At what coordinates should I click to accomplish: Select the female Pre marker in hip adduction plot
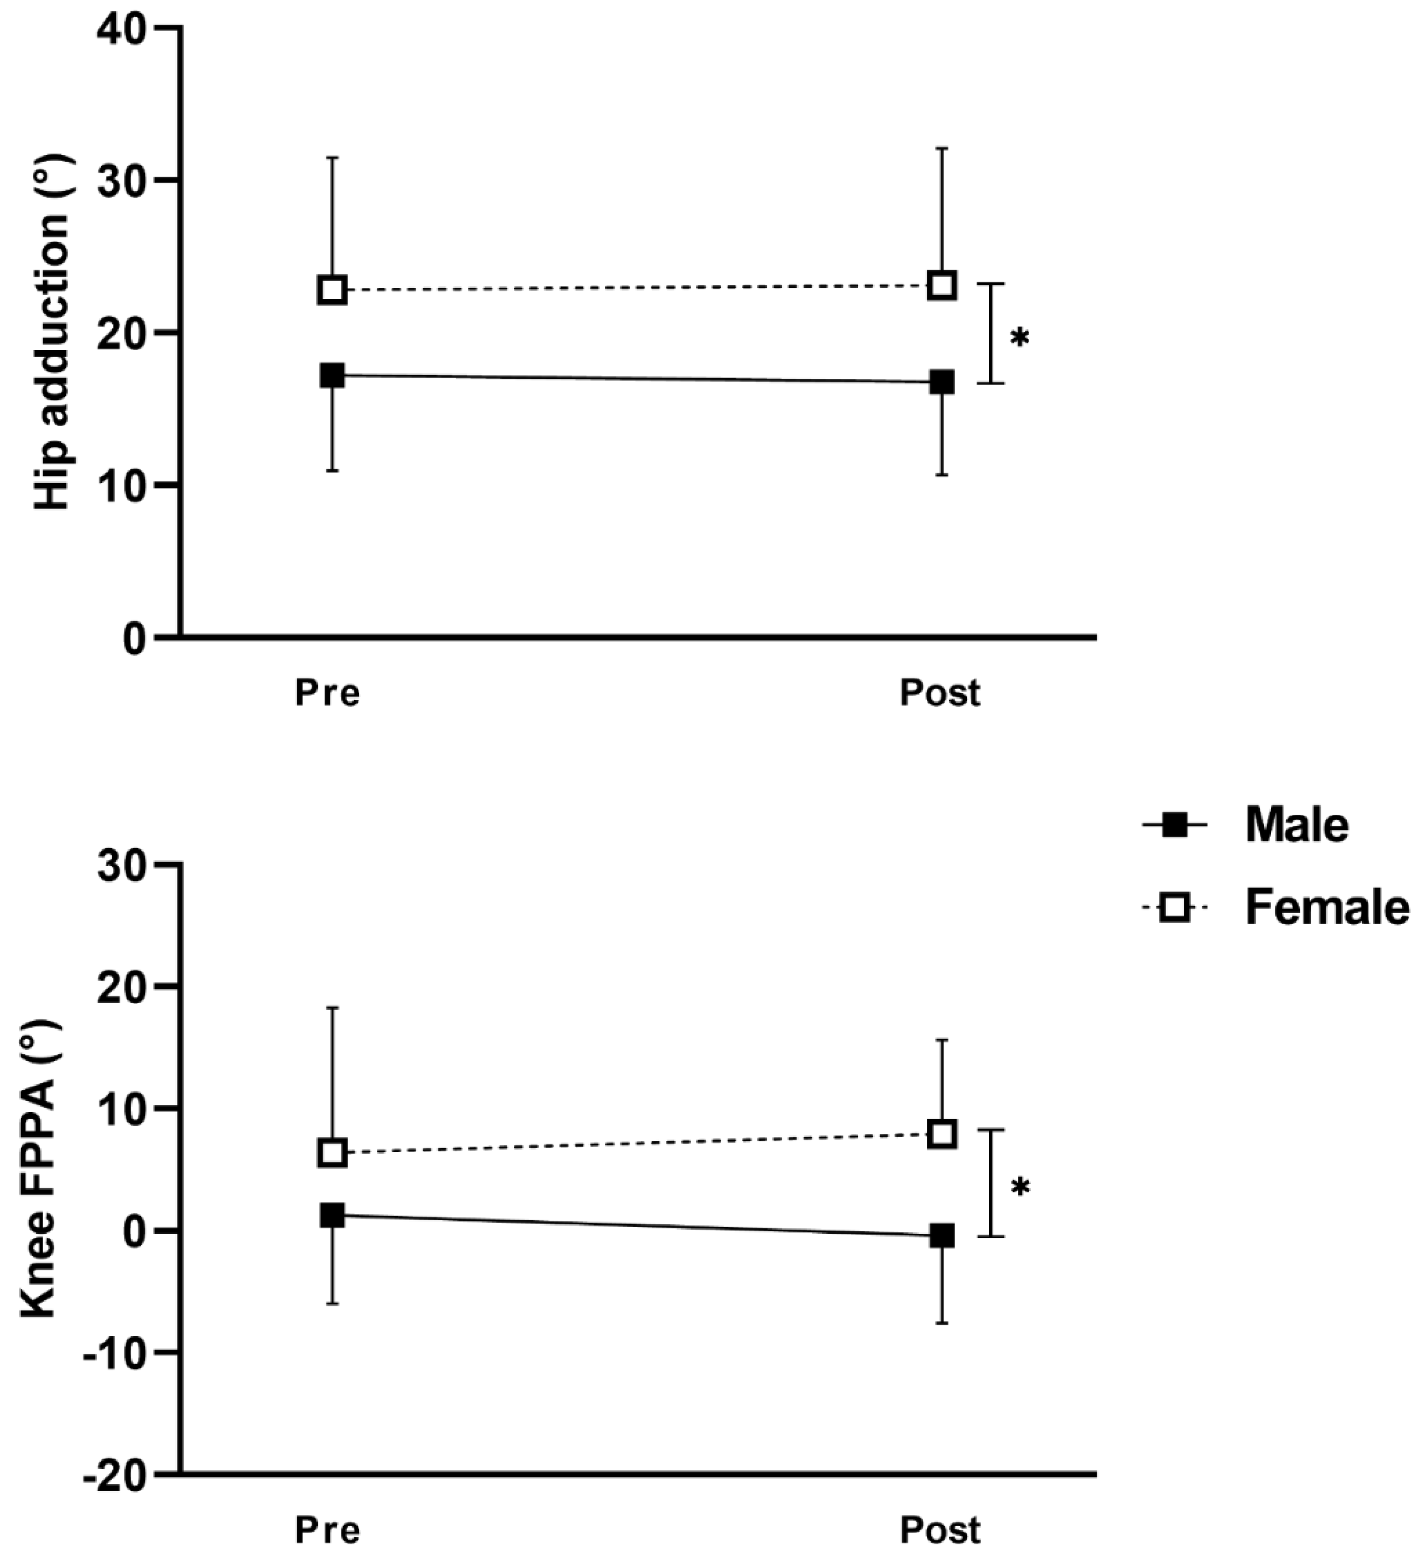tap(332, 290)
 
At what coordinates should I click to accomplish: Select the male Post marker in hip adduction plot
tap(942, 382)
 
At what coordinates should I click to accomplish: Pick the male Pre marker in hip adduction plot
tap(332, 376)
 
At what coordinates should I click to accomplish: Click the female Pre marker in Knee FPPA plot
tap(332, 1153)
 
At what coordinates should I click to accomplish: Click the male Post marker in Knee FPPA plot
tap(942, 1236)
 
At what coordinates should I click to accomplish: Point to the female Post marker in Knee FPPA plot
tap(942, 1134)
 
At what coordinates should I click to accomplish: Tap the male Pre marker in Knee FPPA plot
tap(332, 1216)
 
